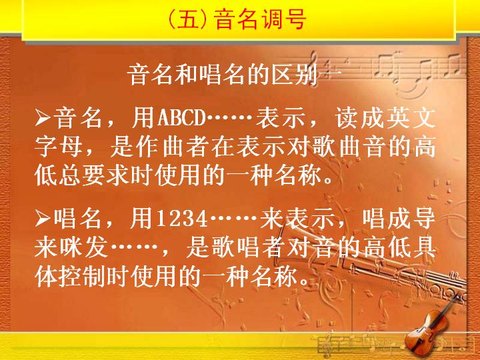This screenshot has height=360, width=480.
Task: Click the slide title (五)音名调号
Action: (237, 19)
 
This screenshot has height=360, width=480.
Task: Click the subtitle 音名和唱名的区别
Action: (222, 75)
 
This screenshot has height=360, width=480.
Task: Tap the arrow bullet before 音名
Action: (43, 118)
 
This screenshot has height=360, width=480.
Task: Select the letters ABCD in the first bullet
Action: (181, 117)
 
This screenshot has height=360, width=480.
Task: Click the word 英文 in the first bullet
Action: (411, 117)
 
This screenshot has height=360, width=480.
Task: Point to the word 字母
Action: (58, 147)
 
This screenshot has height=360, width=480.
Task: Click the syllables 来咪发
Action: (71, 247)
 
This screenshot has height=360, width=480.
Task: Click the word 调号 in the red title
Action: (283, 19)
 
